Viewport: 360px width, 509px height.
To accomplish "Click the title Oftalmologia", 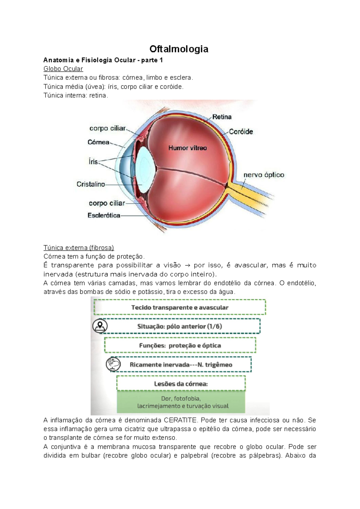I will click(x=179, y=49).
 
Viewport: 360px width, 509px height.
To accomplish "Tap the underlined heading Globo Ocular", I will click(x=63, y=69).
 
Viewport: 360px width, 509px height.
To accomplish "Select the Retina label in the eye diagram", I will click(x=222, y=117).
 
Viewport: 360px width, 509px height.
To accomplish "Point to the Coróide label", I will click(x=241, y=132).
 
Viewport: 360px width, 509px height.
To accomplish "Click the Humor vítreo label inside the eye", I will click(x=187, y=148).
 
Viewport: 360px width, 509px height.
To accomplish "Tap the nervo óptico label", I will click(x=264, y=175).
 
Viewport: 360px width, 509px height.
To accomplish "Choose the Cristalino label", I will click(x=91, y=184).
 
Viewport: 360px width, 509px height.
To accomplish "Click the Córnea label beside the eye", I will click(x=98, y=142).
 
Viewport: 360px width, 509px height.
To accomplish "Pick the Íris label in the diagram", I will click(x=93, y=162).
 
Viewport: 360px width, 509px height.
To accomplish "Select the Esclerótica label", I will click(x=104, y=215).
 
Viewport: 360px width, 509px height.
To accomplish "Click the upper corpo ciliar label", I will click(x=107, y=128).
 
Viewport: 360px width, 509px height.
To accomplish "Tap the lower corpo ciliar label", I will click(x=107, y=203).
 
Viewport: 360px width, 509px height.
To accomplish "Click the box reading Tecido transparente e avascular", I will click(x=180, y=307).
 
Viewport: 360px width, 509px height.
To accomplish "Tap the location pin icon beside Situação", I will click(x=100, y=326).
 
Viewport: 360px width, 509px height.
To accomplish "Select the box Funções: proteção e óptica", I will click(x=180, y=345).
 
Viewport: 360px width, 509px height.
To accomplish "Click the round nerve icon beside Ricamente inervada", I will click(x=113, y=364).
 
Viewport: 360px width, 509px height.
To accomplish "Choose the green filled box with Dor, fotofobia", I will click(x=181, y=402).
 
